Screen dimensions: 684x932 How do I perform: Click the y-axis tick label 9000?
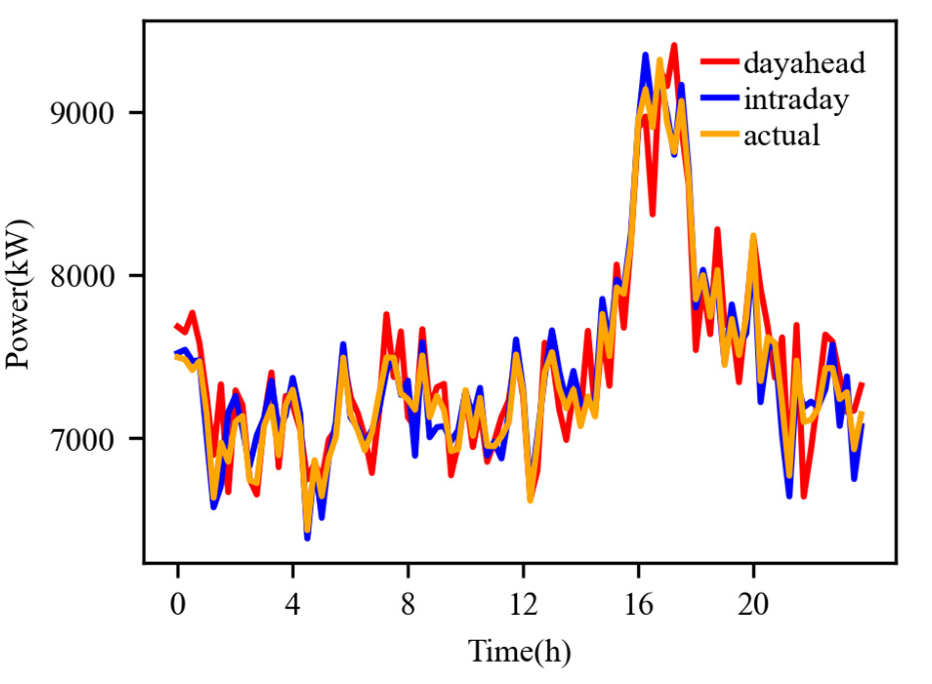click(81, 113)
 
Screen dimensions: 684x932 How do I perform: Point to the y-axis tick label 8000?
click(81, 276)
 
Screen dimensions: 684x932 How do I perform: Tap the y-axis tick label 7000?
click(81, 439)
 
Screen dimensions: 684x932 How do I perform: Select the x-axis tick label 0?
click(178, 604)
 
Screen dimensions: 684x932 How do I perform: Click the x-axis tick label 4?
click(292, 604)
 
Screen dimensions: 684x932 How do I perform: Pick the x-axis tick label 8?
click(408, 604)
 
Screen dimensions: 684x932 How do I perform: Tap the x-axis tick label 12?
click(523, 604)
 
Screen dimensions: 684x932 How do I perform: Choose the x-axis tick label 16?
click(638, 604)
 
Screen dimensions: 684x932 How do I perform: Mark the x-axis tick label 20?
click(753, 604)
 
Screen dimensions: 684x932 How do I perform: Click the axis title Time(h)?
click(519, 651)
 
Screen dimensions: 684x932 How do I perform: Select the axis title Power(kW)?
click(19, 295)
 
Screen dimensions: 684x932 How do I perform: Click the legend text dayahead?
click(804, 62)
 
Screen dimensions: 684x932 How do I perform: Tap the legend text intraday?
click(796, 99)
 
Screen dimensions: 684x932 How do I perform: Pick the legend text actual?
click(781, 135)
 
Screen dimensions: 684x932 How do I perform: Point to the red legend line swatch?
click(720, 61)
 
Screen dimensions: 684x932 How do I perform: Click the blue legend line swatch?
click(720, 98)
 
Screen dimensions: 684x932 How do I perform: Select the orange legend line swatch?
click(720, 134)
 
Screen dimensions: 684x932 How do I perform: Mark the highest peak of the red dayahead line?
click(674, 45)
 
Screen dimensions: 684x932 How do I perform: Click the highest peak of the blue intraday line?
click(645, 55)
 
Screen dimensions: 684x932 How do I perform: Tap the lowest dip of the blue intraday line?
click(307, 538)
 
